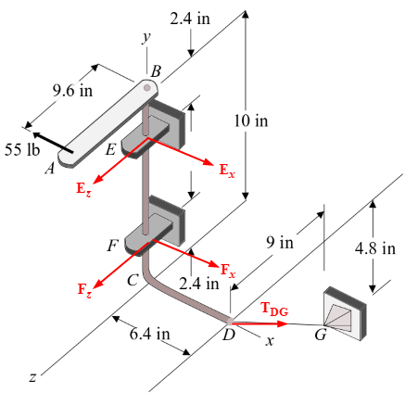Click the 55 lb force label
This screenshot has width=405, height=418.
pyautogui.click(x=20, y=151)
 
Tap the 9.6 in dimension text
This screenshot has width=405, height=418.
pyautogui.click(x=71, y=91)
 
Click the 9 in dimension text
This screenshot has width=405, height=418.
pyautogui.click(x=280, y=243)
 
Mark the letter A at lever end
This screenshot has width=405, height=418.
pyautogui.click(x=49, y=169)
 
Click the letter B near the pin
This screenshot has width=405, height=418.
pyautogui.click(x=156, y=71)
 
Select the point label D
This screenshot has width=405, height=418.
pyautogui.click(x=228, y=336)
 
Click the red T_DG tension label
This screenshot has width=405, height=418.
pyautogui.click(x=274, y=310)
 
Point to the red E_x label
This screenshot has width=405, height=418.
pyautogui.click(x=228, y=171)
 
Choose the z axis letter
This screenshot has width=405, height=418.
pyautogui.click(x=32, y=377)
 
